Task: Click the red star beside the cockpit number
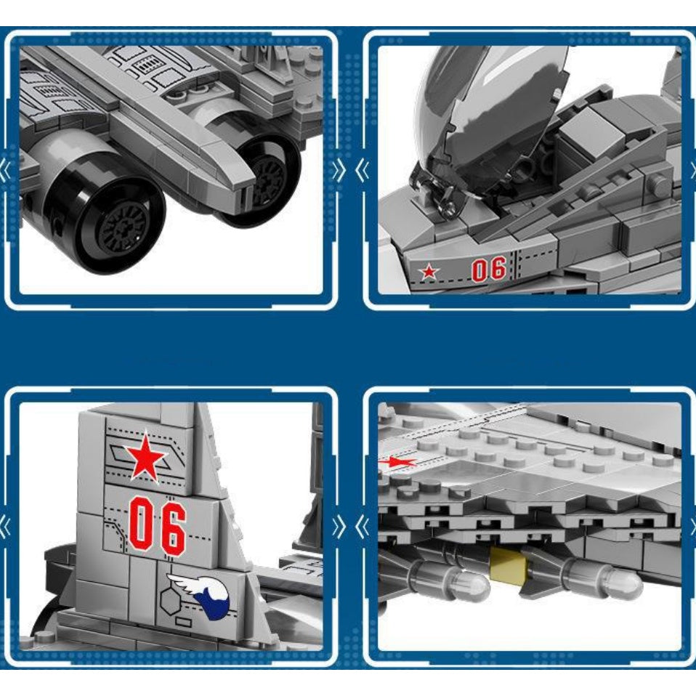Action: (x=429, y=272)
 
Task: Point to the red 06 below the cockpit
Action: (x=488, y=269)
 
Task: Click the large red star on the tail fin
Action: (x=146, y=456)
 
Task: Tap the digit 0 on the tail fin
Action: (x=141, y=525)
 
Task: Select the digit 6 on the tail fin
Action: (x=173, y=526)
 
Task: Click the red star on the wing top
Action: (x=397, y=461)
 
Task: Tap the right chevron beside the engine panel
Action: (x=339, y=171)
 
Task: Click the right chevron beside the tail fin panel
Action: (x=339, y=527)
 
